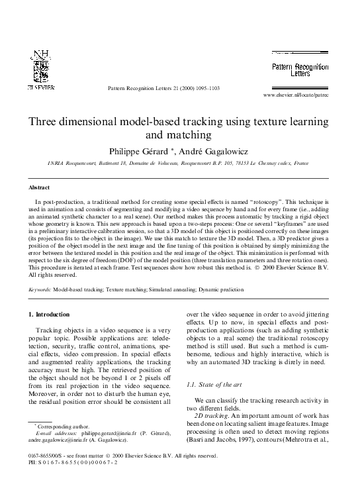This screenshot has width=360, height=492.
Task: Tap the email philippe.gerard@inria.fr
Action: pos(108,432)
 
